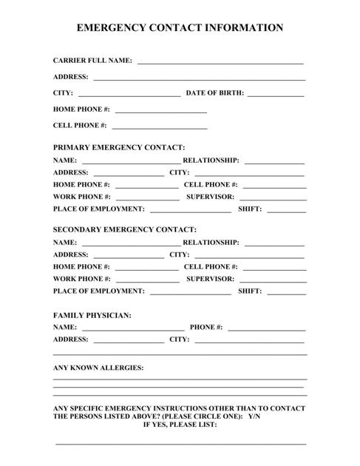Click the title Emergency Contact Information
point(180,28)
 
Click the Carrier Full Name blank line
point(220,61)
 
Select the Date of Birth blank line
point(275,94)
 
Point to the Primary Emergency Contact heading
point(119,148)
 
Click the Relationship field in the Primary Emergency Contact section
point(274,161)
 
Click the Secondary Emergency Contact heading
point(125,229)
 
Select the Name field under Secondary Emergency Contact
point(130,243)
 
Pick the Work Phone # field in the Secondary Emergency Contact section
point(146,280)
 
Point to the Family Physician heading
point(92,315)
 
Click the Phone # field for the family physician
point(266,327)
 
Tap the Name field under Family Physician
point(133,327)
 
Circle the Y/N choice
point(254,417)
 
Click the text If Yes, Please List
point(180,425)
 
